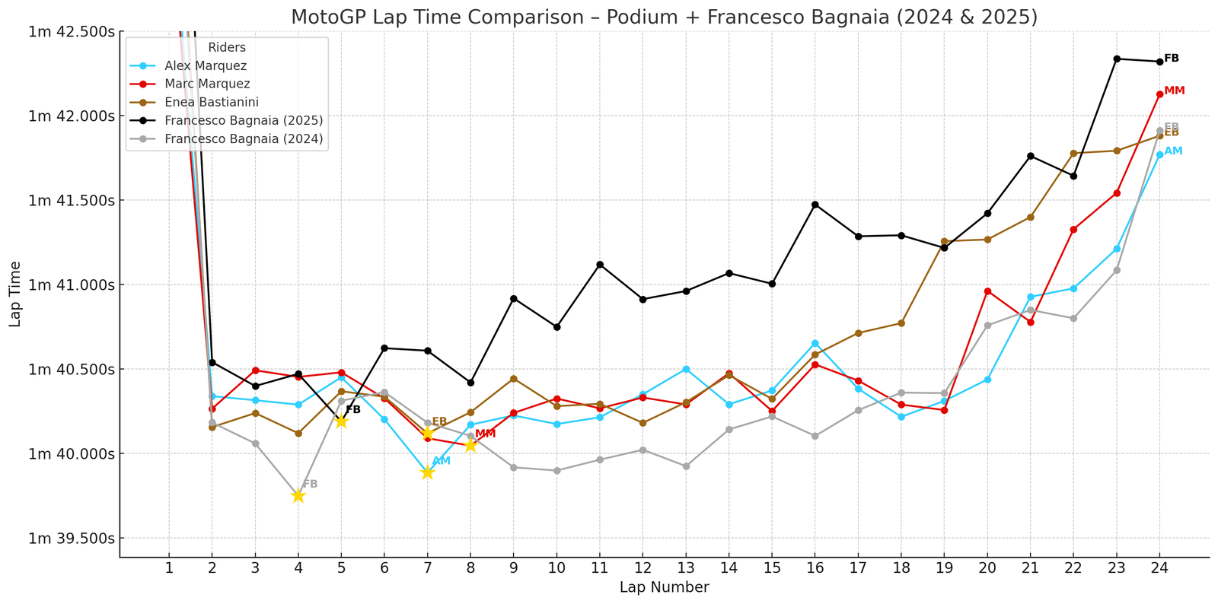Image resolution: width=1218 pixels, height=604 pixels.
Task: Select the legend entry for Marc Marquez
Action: [206, 84]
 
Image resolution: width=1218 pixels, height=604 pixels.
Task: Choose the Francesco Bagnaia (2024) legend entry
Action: [243, 138]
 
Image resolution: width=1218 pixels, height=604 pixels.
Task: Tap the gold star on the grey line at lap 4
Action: [298, 496]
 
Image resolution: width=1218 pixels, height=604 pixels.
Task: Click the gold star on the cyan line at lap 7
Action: [427, 472]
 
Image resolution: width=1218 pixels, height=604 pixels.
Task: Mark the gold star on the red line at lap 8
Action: [470, 445]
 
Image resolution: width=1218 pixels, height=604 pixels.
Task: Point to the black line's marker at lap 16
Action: [815, 205]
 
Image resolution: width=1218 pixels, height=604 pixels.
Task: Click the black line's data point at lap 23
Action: [1117, 59]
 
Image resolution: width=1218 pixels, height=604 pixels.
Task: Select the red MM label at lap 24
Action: [1175, 91]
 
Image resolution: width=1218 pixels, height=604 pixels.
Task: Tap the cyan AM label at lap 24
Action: [1173, 151]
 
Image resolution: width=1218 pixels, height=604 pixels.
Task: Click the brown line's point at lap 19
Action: [945, 241]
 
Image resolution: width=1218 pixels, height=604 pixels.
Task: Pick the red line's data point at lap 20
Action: [987, 291]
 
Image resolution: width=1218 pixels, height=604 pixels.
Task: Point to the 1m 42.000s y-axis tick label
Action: [72, 116]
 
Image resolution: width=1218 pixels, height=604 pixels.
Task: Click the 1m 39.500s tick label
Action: [72, 539]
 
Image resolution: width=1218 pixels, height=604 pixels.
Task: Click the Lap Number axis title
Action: [664, 587]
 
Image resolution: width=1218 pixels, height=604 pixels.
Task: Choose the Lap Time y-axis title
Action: [15, 294]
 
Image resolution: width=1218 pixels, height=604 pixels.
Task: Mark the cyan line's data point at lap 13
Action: [686, 369]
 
